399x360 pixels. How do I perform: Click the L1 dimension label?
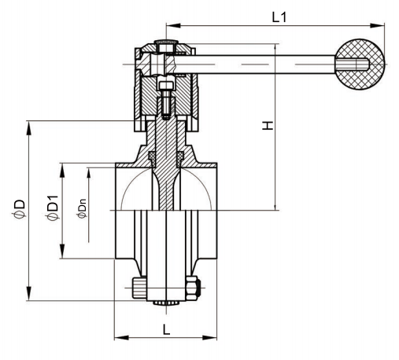pos(279,17)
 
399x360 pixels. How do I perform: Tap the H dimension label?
pos(268,126)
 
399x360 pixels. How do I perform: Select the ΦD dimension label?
pos(19,209)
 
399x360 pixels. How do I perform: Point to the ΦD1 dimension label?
pos(52,208)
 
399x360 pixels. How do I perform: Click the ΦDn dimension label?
pos(82,209)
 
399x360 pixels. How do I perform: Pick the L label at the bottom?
pos(166,329)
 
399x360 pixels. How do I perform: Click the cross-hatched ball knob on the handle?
pos(360,64)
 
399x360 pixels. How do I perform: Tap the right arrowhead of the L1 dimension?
pos(377,25)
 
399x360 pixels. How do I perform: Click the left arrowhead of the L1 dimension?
pos(173,25)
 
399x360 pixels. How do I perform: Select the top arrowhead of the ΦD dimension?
pos(29,128)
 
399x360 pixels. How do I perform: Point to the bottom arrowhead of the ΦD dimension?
pos(29,294)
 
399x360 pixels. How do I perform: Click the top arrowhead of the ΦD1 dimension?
pos(62,171)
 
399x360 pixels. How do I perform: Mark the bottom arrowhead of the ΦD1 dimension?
pos(62,252)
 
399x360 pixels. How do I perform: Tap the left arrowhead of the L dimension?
pos(121,337)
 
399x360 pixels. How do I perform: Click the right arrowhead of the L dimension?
pos(209,337)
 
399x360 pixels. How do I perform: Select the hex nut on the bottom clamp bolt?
pos(192,288)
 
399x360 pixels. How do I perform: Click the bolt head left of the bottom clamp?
pos(139,288)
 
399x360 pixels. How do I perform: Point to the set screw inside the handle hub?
pos(166,100)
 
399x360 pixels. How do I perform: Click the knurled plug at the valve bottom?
pos(166,303)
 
